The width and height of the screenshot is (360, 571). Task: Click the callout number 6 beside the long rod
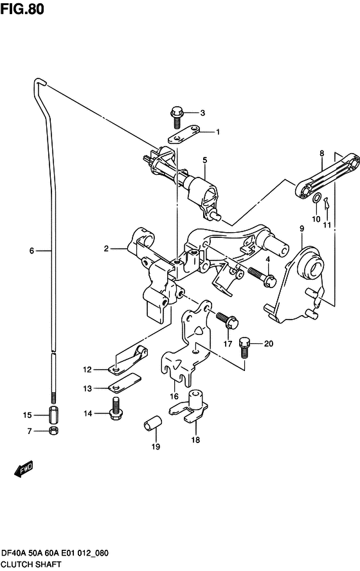tap(31, 250)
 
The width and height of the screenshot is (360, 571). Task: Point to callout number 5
tap(204, 160)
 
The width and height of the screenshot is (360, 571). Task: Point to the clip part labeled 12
tap(129, 360)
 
